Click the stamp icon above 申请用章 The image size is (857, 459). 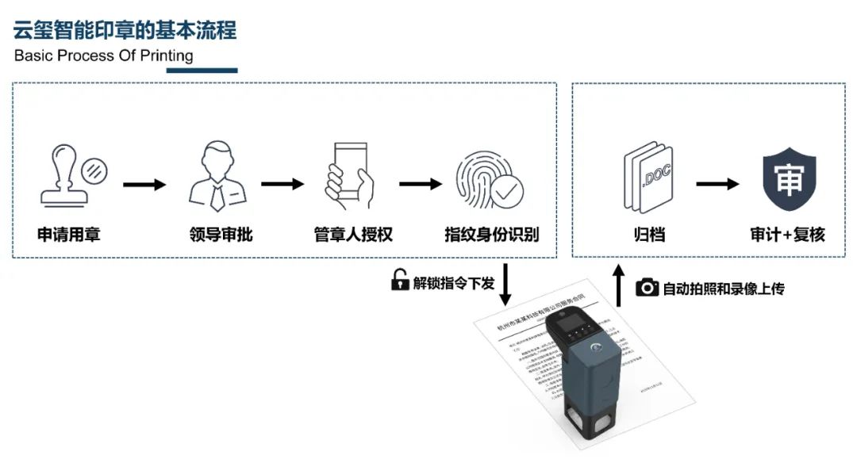[71, 175]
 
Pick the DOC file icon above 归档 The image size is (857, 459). [648, 176]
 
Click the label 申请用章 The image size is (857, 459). [69, 235]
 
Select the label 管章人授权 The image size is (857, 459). [353, 235]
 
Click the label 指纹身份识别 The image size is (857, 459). [491, 235]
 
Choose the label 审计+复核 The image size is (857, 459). [787, 235]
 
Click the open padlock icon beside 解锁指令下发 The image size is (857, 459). [400, 281]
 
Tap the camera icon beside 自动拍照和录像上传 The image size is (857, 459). [648, 288]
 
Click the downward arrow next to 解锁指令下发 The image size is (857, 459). [505, 286]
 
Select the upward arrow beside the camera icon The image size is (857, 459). [620, 286]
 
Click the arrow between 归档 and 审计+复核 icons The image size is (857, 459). [717, 185]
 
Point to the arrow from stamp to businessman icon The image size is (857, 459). [144, 185]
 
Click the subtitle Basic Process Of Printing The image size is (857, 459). [103, 56]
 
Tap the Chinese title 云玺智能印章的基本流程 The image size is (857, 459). [125, 30]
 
